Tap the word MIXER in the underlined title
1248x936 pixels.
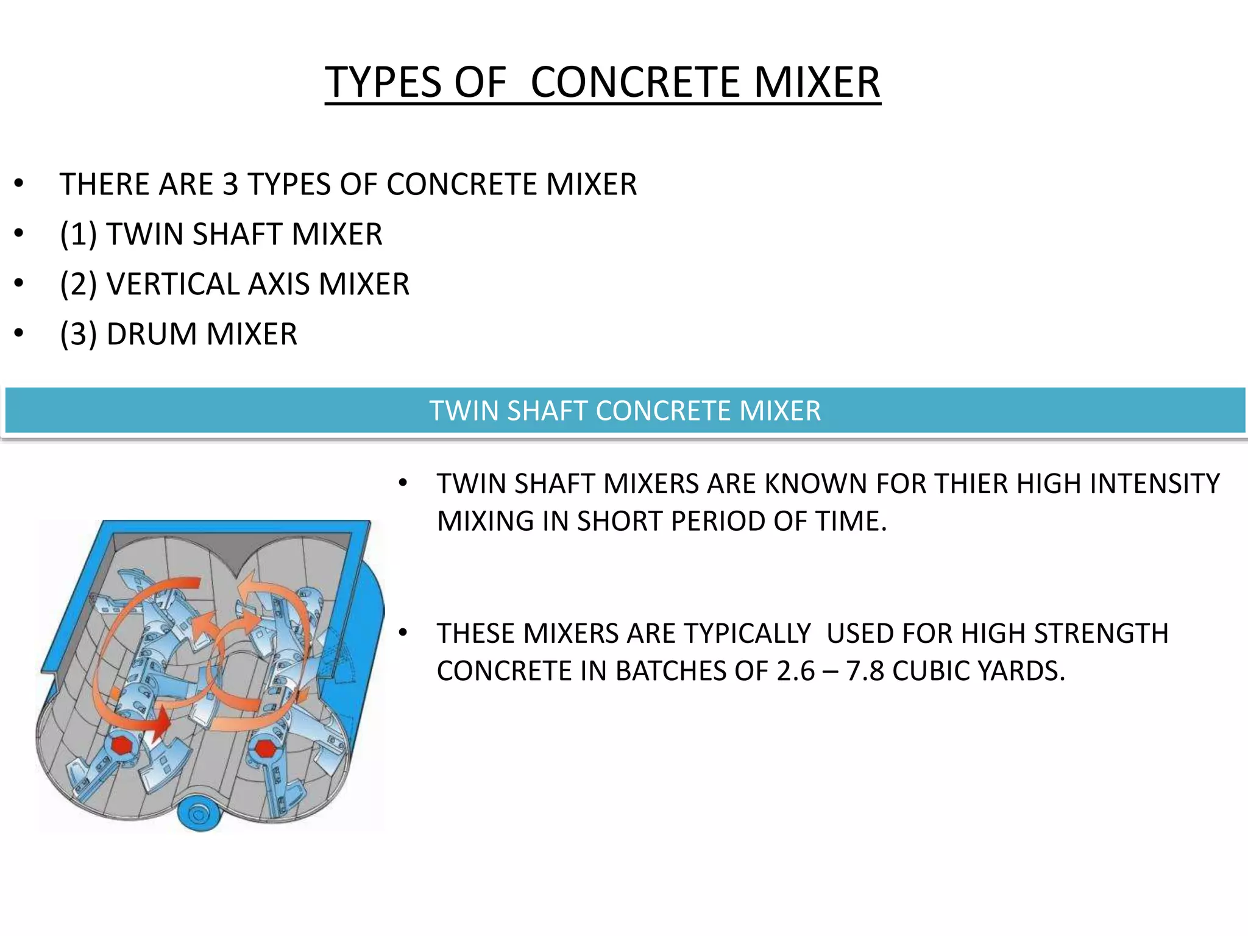[x=817, y=82]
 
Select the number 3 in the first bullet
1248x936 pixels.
[x=230, y=184]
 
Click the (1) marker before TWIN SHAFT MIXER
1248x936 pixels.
[x=79, y=234]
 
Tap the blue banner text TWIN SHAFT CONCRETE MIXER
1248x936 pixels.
[x=625, y=411]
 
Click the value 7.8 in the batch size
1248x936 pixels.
[x=865, y=671]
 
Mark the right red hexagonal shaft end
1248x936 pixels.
[x=264, y=749]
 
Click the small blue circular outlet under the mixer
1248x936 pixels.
[x=198, y=814]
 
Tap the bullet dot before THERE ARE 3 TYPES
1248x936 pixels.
[x=19, y=183]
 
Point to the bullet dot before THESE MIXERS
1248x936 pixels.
[x=402, y=633]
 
